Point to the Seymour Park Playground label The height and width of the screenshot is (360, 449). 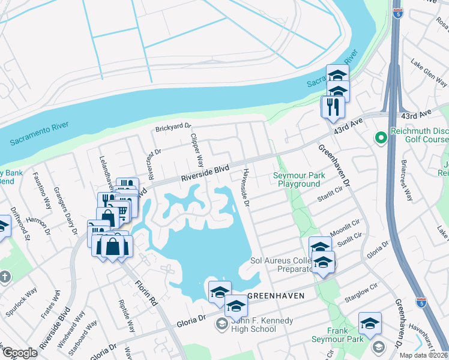click(296, 179)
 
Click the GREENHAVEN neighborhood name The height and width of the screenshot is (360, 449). click(273, 296)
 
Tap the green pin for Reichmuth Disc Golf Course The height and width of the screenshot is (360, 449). click(379, 139)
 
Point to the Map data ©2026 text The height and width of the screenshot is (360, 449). click(423, 355)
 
